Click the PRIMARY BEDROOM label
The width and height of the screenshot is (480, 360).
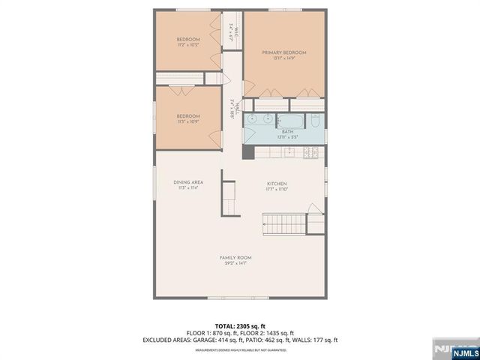coord(284,52)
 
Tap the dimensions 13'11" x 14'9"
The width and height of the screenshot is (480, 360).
coord(284,59)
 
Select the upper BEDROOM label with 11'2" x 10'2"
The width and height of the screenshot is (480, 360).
coord(187,39)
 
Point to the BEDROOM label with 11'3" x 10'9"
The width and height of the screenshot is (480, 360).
coord(187,115)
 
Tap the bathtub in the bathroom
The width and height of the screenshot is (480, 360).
coord(291,119)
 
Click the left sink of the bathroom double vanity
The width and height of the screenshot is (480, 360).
coord(252,119)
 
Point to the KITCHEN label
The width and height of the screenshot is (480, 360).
coord(277,184)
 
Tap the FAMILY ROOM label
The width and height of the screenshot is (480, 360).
coord(235,257)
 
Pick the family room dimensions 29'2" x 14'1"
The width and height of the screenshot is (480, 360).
coord(235,264)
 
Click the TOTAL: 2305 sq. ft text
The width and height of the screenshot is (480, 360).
coord(240,326)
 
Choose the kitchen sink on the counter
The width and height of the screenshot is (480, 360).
coord(287,152)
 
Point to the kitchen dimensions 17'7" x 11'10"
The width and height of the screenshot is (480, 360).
coord(277,190)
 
